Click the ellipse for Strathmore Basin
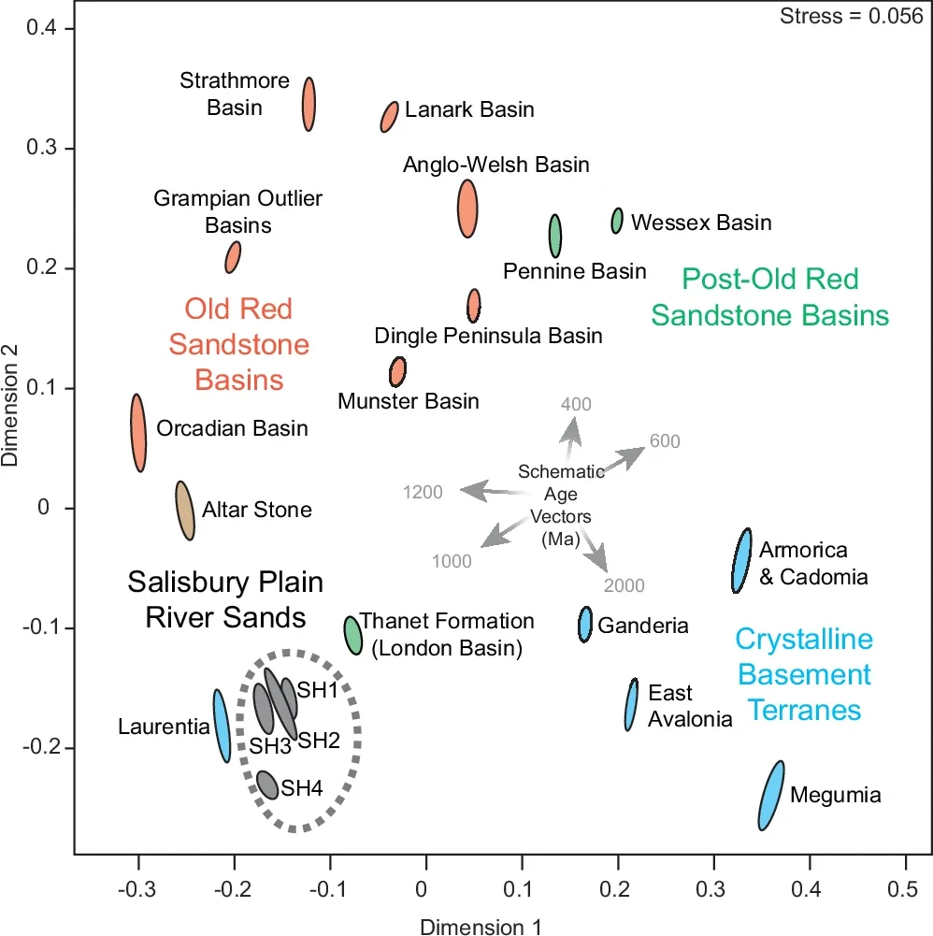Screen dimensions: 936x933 (x=309, y=104)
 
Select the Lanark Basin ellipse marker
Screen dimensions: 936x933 (x=390, y=117)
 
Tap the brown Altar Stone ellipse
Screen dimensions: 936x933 (x=185, y=511)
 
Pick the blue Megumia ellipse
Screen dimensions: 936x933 (x=771, y=796)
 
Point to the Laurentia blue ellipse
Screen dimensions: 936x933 (x=222, y=726)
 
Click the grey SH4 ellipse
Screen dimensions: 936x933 (x=267, y=785)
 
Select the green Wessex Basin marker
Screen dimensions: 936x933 (x=617, y=221)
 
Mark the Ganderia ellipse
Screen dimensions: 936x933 (x=585, y=624)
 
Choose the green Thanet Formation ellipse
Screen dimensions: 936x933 (x=352, y=635)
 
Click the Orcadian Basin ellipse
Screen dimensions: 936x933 (x=138, y=432)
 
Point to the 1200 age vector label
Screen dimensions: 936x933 (x=423, y=492)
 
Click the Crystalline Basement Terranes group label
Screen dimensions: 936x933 (x=803, y=674)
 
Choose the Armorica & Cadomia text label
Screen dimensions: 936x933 (x=812, y=563)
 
